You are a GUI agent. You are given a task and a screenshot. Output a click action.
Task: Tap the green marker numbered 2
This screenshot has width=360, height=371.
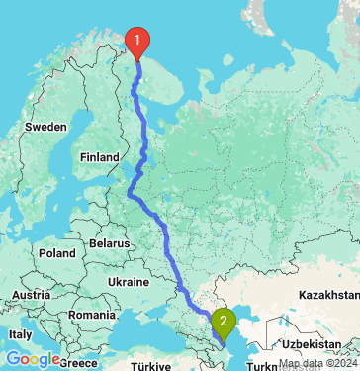point(225,321)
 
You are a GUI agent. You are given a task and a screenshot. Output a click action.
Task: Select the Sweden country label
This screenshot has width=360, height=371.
point(45,127)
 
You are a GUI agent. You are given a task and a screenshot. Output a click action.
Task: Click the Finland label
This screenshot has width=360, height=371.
point(99,156)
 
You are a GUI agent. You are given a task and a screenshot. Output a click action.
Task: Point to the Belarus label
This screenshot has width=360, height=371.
point(109,242)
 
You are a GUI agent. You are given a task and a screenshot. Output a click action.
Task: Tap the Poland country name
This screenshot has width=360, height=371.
point(57,253)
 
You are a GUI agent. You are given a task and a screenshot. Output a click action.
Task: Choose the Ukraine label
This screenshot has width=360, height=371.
point(129,282)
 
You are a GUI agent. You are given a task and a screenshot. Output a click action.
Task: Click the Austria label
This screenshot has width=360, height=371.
point(33,295)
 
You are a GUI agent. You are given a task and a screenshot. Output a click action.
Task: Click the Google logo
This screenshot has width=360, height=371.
point(32,359)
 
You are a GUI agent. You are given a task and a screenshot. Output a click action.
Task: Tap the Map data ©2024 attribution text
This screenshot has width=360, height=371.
point(315,364)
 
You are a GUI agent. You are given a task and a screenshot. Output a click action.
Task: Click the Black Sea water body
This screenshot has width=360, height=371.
point(148,336)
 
